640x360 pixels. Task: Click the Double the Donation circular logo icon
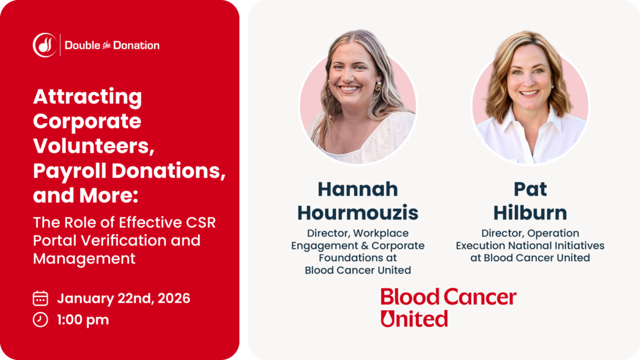(x=45, y=45)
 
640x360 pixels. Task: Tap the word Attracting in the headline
(x=88, y=97)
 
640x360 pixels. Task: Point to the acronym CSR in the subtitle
(x=201, y=223)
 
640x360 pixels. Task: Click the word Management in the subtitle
(x=84, y=259)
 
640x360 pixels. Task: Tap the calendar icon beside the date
(x=40, y=298)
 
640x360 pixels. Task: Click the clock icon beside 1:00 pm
(x=40, y=320)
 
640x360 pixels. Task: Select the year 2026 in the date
(x=174, y=298)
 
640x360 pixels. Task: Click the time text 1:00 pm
(x=83, y=320)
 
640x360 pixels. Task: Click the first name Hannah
(x=357, y=189)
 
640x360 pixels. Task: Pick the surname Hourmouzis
(x=357, y=213)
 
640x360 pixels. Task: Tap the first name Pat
(x=530, y=189)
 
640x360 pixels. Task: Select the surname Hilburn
(x=530, y=213)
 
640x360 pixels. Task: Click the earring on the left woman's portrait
(x=378, y=86)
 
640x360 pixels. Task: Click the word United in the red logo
(x=414, y=319)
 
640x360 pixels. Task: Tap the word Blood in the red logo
(x=410, y=297)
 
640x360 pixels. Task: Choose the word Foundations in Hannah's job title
(x=357, y=258)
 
